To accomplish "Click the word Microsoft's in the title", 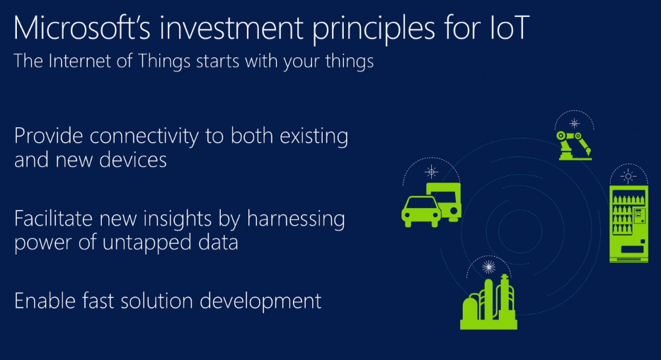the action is [x=82, y=28].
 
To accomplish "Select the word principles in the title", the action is [x=373, y=30].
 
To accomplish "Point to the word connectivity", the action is [x=144, y=137].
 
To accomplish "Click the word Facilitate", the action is [x=54, y=219].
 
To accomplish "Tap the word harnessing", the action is [x=296, y=220].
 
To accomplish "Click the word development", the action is [x=260, y=302].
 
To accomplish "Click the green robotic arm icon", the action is [x=574, y=145].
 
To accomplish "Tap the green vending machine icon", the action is [x=628, y=223].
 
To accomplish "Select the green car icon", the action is [x=421, y=211].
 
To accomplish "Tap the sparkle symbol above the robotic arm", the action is [x=574, y=123].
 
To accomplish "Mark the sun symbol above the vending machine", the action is [x=628, y=176].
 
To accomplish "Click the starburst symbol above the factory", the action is [x=488, y=267].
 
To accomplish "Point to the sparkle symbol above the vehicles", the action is [x=431, y=172].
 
